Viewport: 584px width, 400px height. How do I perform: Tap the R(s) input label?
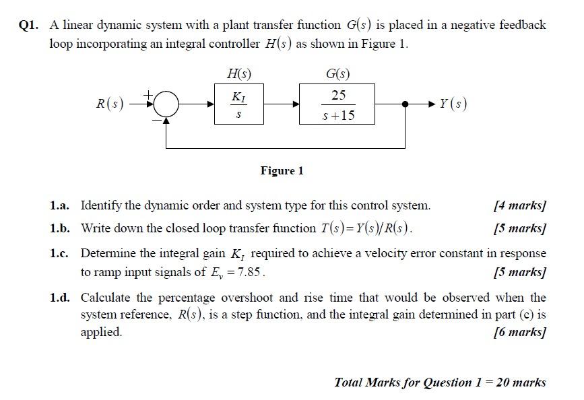(109, 104)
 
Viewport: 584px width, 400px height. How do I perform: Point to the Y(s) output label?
(453, 104)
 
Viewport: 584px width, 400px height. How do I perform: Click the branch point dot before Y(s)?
(405, 104)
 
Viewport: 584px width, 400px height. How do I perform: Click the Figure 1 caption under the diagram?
(282, 170)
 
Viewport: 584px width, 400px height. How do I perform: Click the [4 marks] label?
(519, 205)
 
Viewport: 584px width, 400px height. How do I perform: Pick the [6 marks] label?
(519, 331)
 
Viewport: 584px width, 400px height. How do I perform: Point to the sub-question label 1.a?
(60, 205)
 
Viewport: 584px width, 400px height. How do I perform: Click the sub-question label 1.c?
(60, 254)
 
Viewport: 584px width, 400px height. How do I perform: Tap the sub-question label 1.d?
(60, 298)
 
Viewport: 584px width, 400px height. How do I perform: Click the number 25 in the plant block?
(338, 95)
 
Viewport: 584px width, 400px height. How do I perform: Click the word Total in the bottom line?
(348, 382)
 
